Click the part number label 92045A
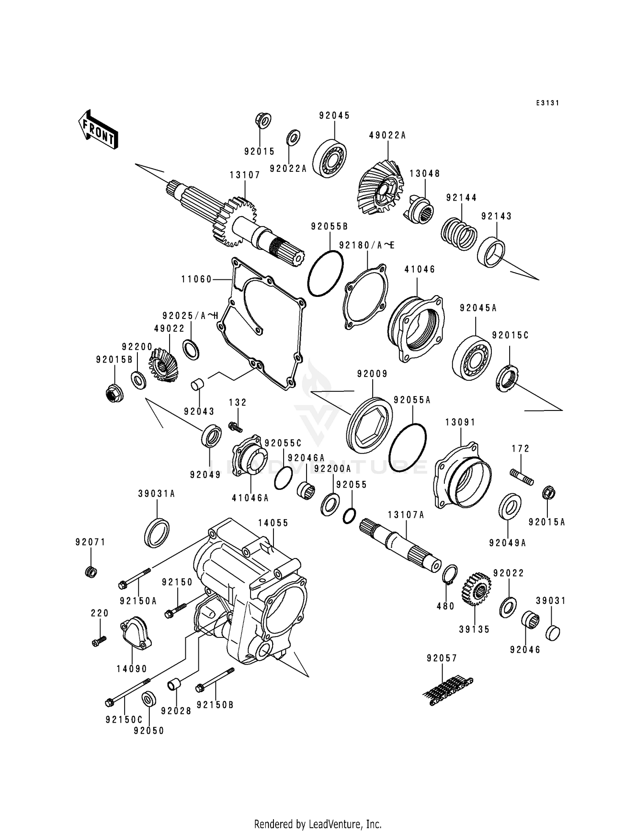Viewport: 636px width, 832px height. [478, 308]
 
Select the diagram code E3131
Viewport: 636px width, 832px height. [547, 103]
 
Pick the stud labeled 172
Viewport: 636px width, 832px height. [522, 476]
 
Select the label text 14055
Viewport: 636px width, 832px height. [273, 523]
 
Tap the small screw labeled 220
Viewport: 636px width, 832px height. [99, 641]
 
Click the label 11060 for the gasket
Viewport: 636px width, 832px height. [196, 279]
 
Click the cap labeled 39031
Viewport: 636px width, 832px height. [552, 633]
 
